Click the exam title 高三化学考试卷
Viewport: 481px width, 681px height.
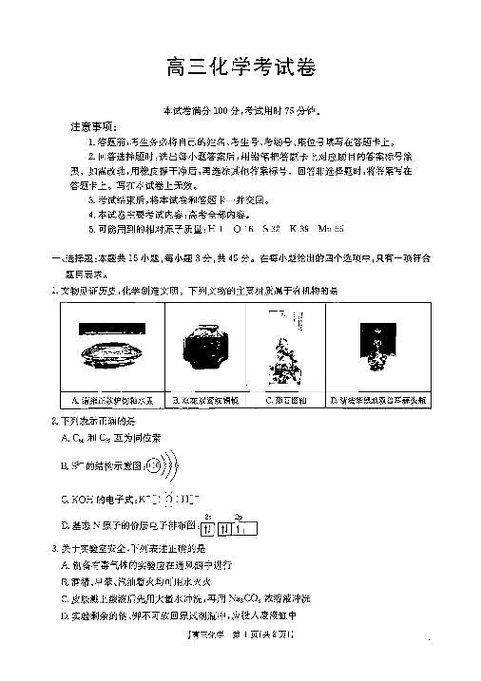coord(240,68)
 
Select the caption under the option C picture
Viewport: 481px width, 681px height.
coord(283,400)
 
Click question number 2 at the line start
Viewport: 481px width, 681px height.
coord(54,420)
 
